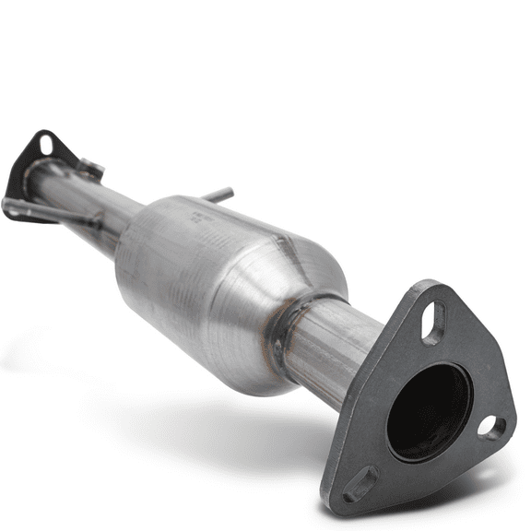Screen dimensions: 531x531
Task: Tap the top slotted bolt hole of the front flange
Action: click(x=433, y=323)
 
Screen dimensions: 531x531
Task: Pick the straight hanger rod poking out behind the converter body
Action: click(x=218, y=195)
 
